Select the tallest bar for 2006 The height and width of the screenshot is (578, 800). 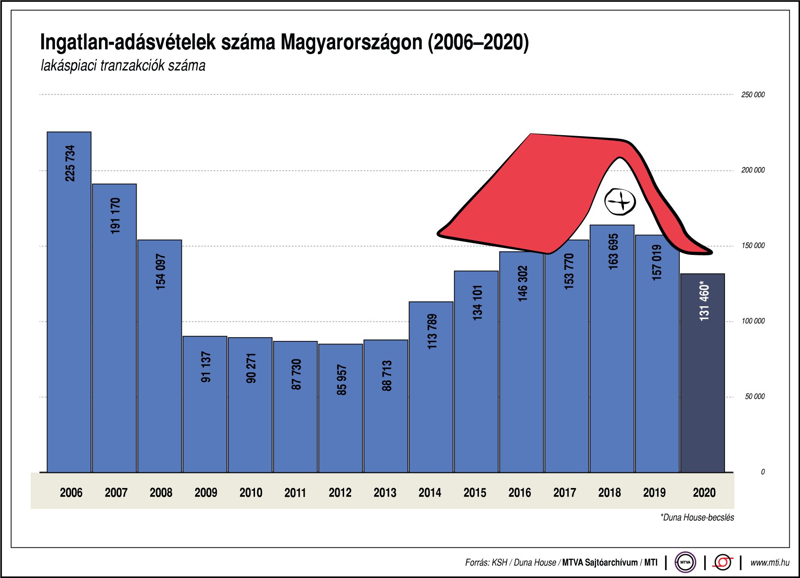coord(69,310)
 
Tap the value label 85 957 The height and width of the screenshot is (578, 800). coord(341,380)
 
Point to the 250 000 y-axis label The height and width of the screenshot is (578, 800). coord(753,94)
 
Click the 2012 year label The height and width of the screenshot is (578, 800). coord(340,492)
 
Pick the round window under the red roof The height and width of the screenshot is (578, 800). coord(620,202)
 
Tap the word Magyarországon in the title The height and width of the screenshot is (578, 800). coord(351,43)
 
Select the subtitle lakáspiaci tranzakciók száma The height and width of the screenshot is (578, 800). coord(123,66)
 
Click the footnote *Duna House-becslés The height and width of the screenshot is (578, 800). coord(697,517)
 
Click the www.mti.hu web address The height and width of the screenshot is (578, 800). coord(770,562)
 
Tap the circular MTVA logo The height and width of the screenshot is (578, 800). coord(685,562)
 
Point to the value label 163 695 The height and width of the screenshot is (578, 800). coord(613,251)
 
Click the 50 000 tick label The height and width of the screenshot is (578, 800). coord(754,396)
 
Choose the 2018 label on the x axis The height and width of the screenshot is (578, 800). coord(609,492)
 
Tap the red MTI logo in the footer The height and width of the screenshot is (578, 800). coord(723,562)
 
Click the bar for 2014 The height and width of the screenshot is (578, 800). coord(431,399)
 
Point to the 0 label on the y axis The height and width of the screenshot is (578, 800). coord(762,472)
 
